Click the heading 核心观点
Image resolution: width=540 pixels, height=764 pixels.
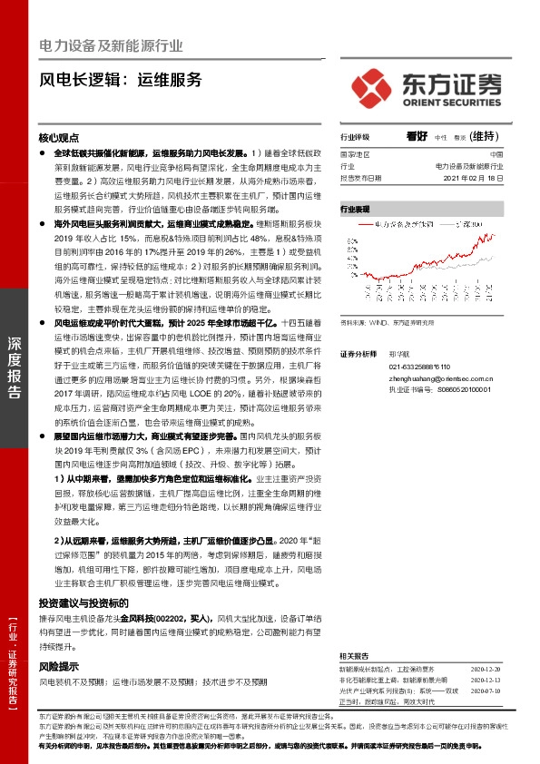pyautogui.click(x=60, y=138)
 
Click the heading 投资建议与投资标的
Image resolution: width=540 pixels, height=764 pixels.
pyautogui.click(x=83, y=602)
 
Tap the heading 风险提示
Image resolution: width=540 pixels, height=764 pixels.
pyautogui.click(x=60, y=665)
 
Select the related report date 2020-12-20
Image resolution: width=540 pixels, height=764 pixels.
pyautogui.click(x=486, y=667)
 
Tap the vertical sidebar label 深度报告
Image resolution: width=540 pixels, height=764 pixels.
pyautogui.click(x=15, y=367)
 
